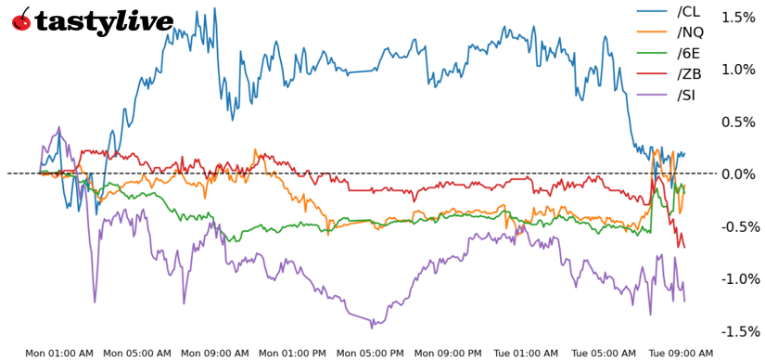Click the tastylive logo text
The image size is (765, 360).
point(104,21)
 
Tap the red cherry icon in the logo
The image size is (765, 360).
point(21,19)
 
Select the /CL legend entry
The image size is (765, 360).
point(687,11)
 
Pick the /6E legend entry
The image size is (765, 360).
point(687,54)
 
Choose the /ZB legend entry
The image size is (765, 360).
point(688,74)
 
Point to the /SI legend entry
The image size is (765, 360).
point(686,96)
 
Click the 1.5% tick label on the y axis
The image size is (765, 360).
point(739,17)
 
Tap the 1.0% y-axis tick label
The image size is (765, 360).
point(739,70)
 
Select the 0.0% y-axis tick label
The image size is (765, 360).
point(739,174)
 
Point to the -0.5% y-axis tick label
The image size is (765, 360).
point(737,227)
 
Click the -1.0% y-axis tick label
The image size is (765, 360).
point(737,279)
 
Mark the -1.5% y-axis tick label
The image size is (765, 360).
point(737,332)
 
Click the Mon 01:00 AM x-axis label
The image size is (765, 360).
point(59,353)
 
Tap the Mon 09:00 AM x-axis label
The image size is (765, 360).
point(215,353)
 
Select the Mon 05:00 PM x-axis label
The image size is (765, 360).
point(371,353)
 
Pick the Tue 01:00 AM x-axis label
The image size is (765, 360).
point(526,353)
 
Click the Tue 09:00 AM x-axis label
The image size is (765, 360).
point(682,353)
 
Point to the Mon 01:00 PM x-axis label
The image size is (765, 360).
point(293,353)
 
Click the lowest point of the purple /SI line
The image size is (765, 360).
point(372,327)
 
